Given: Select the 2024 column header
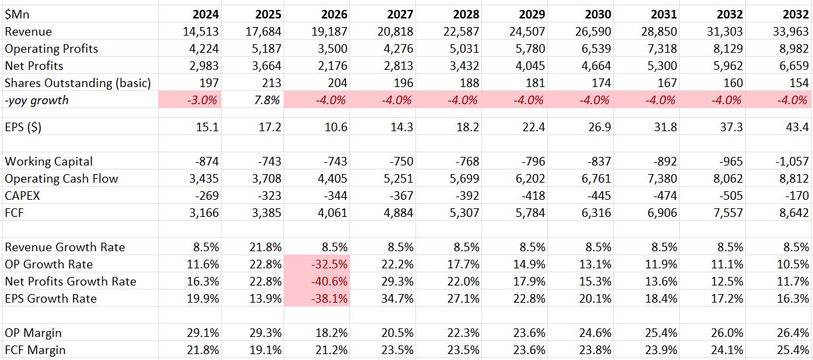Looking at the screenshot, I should point(205,14).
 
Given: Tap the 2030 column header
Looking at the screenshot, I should point(597,14).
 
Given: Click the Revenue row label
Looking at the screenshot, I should point(28,32).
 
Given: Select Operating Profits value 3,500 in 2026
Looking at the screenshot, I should point(333,49).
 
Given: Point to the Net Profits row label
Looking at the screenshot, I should point(34,66).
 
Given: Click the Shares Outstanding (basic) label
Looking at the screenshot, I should point(78,83).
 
